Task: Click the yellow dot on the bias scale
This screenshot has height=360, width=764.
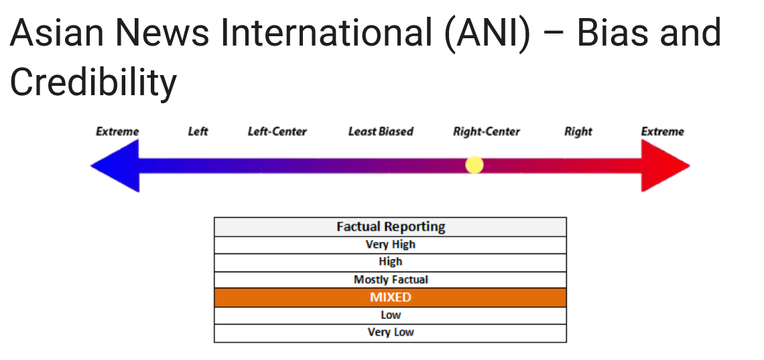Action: (474, 165)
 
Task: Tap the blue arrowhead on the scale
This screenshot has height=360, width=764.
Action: (115, 166)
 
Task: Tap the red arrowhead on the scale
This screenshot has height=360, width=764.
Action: (665, 166)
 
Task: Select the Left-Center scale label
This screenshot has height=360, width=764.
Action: (277, 131)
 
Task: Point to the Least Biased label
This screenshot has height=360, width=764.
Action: (381, 131)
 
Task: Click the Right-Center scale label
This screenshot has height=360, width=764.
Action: (487, 131)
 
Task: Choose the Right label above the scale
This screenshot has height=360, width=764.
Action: (578, 131)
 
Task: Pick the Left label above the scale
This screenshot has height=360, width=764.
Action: (198, 131)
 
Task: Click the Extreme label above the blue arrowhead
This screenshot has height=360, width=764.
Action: (117, 131)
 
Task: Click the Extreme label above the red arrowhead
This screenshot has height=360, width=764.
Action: (663, 131)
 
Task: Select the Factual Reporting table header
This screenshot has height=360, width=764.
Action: (390, 227)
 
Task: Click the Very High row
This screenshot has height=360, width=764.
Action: (390, 245)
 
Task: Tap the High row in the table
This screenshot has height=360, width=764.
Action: (390, 263)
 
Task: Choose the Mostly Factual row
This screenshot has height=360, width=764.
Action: (390, 280)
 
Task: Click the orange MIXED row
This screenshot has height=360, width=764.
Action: (390, 298)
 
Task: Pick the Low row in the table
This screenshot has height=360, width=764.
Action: (390, 316)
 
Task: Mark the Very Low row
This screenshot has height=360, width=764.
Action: (390, 333)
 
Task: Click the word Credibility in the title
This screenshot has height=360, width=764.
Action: (93, 82)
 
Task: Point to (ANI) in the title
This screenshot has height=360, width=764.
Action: (487, 33)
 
